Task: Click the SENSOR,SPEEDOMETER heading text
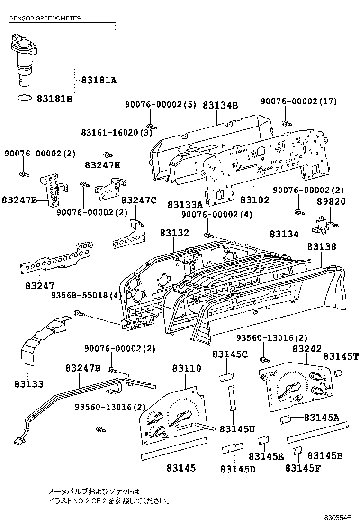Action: [x=45, y=18]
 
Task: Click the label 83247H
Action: [x=103, y=165]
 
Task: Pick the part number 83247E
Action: [x=19, y=199]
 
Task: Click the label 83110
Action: [x=186, y=368]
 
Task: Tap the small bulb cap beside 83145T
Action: [x=338, y=373]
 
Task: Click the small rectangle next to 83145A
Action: [x=285, y=418]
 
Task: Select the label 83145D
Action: [x=237, y=469]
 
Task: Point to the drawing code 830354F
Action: [x=340, y=518]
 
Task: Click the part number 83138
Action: [x=321, y=246]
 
